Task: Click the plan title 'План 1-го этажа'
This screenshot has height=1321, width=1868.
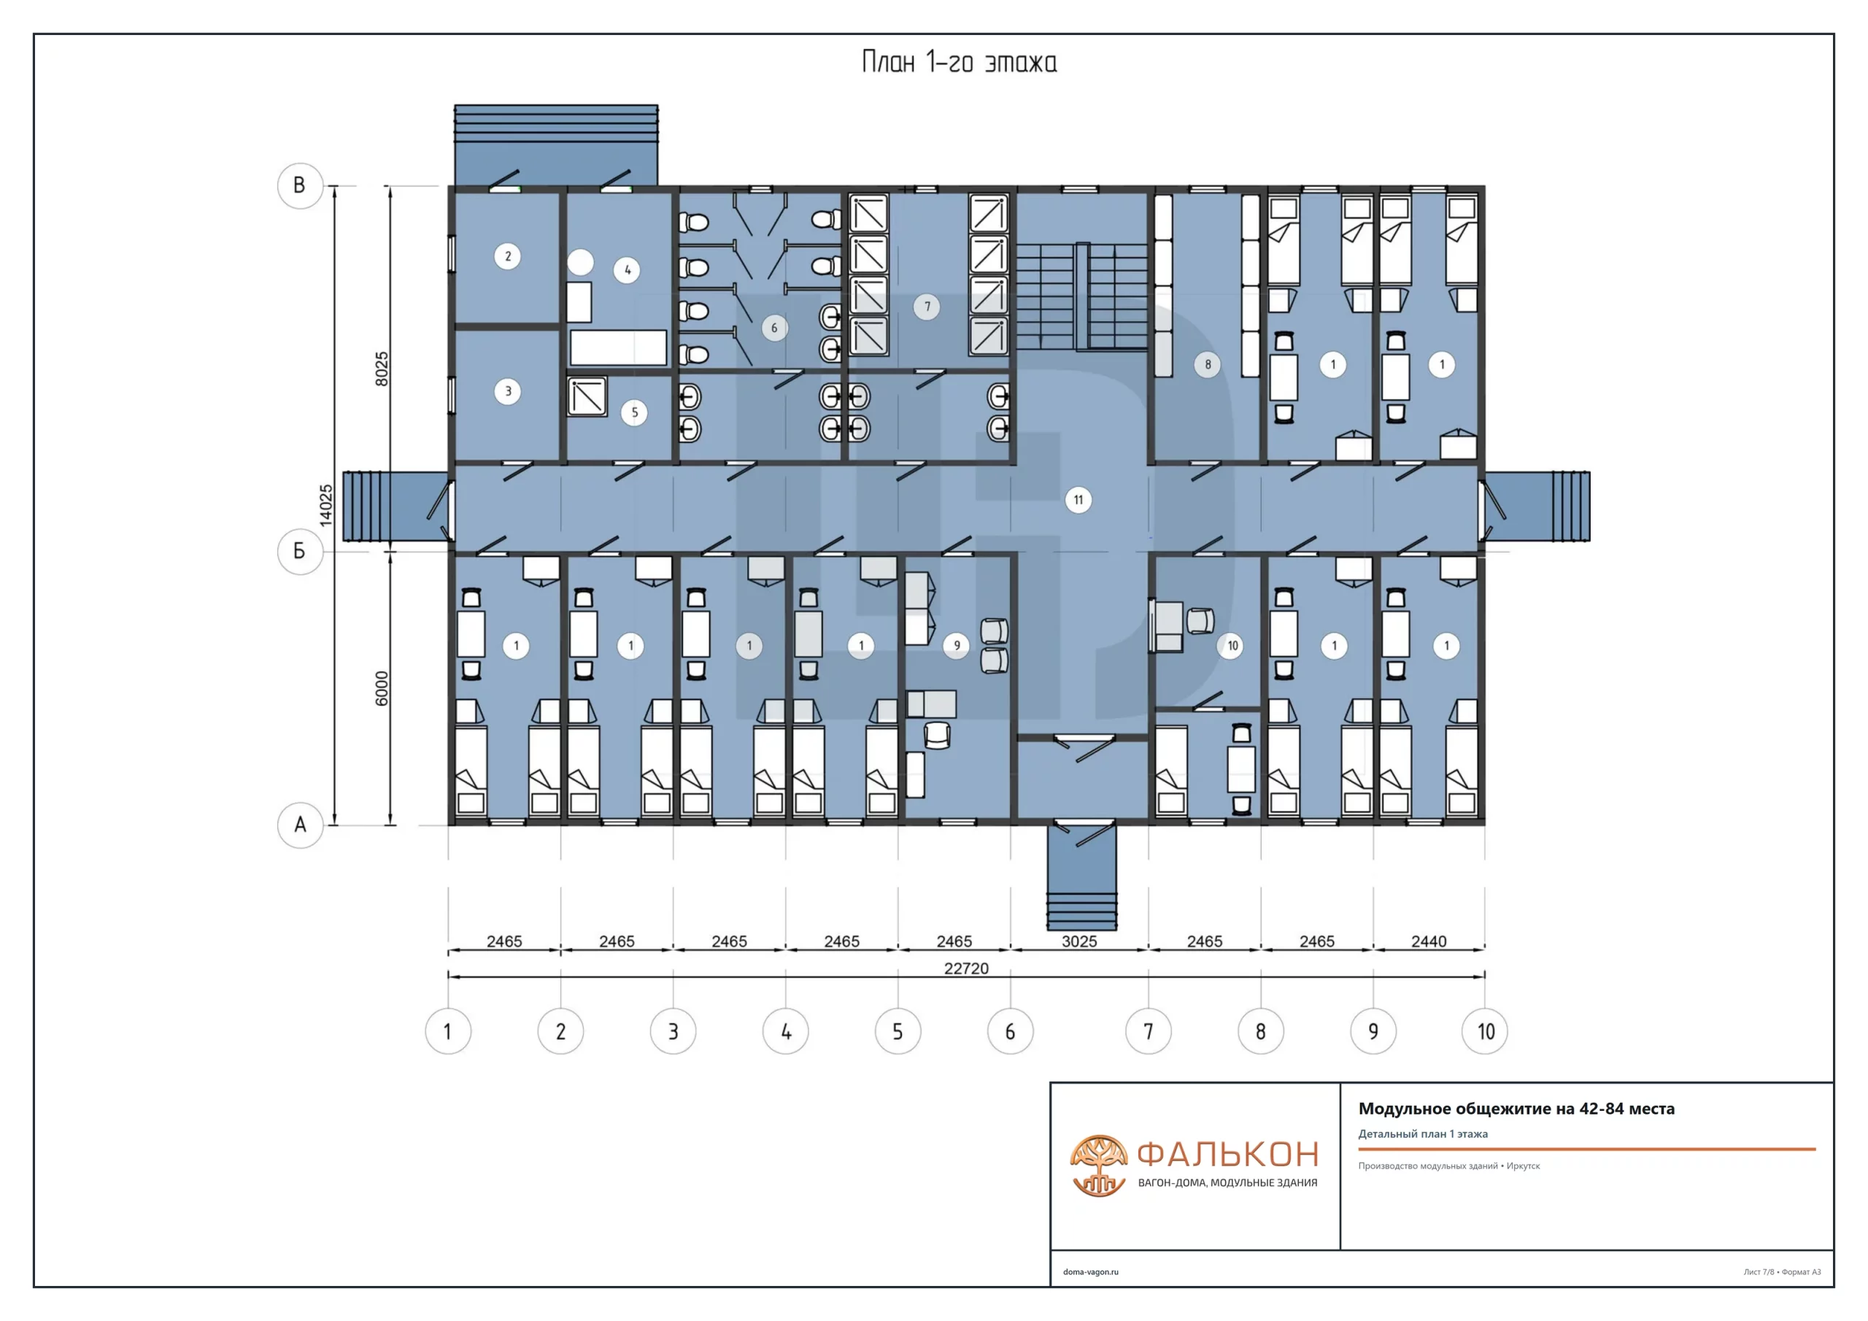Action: tap(960, 63)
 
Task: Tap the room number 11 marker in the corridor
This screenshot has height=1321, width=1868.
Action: tap(1078, 500)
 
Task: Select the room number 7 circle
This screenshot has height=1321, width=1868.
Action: tap(927, 307)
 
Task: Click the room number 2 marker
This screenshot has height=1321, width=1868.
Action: tap(508, 256)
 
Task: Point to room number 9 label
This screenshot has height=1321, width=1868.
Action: tap(957, 645)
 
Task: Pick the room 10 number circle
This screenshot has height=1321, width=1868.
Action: tap(1232, 645)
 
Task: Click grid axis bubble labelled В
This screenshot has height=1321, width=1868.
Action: tap(300, 185)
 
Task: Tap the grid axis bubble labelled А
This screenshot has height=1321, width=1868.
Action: tap(300, 825)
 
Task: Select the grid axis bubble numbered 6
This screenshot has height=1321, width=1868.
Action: tap(1010, 1031)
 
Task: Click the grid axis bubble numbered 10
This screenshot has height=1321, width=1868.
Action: tap(1485, 1031)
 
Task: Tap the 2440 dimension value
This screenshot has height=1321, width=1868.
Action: tap(1429, 941)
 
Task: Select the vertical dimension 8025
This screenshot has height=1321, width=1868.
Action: tap(382, 369)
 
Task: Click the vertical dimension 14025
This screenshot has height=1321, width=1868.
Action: tap(325, 506)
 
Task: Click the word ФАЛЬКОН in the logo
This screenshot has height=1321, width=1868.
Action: tap(1228, 1154)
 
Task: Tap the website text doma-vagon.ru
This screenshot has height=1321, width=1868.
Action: tap(1090, 1271)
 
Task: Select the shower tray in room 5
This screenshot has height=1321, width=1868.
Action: tap(587, 396)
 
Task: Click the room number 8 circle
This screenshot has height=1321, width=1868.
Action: tap(1208, 364)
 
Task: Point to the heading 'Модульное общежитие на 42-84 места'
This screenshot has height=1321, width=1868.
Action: tap(1516, 1109)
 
